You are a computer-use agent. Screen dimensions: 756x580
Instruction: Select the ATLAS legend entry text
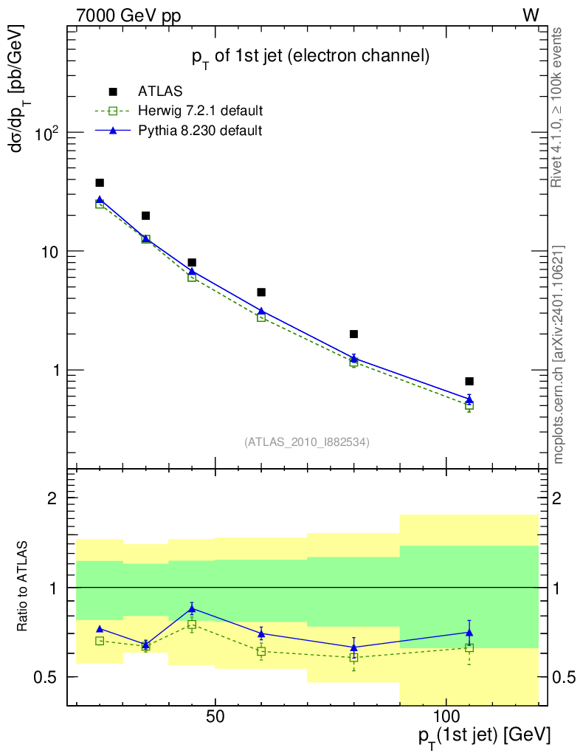point(160,92)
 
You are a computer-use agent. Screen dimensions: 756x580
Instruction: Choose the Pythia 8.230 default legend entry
point(200,131)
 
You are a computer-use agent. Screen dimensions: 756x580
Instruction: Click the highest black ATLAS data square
point(100,182)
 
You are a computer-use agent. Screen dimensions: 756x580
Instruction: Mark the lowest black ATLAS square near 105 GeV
point(469,381)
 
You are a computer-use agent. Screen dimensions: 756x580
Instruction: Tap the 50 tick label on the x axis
point(215,717)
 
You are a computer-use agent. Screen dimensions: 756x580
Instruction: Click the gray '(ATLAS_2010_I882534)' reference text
point(307,442)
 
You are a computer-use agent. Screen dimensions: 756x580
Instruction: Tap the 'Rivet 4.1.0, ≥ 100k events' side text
point(559,107)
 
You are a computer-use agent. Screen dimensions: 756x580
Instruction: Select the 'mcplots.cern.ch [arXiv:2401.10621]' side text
point(559,354)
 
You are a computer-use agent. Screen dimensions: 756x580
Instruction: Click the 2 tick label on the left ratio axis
point(53,498)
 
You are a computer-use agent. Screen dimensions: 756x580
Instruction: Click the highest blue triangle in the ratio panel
point(192,608)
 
